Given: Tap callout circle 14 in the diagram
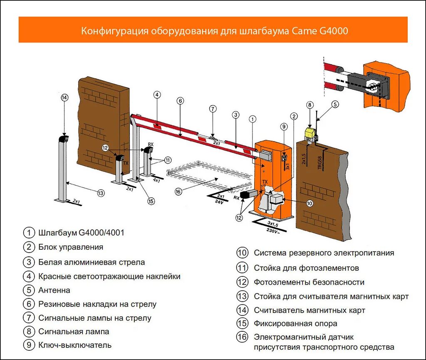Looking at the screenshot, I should [x=64, y=98].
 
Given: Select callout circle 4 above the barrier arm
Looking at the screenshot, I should [x=157, y=95].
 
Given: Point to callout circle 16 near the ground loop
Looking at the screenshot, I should [x=178, y=191].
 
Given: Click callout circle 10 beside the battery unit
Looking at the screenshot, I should [x=310, y=204].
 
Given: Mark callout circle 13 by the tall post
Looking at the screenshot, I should [x=101, y=193].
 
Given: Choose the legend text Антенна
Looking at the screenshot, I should [x=54, y=290].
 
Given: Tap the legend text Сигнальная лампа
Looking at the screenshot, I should [x=74, y=332].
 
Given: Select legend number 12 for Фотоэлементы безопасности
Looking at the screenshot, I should [x=242, y=282].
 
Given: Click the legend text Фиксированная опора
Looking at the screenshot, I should [x=295, y=323].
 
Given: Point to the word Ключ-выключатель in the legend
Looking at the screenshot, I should [x=75, y=345].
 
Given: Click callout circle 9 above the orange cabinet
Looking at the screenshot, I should [x=284, y=127].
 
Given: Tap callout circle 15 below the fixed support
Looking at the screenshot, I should [x=151, y=201].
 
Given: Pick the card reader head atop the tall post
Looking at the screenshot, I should [x=64, y=139].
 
